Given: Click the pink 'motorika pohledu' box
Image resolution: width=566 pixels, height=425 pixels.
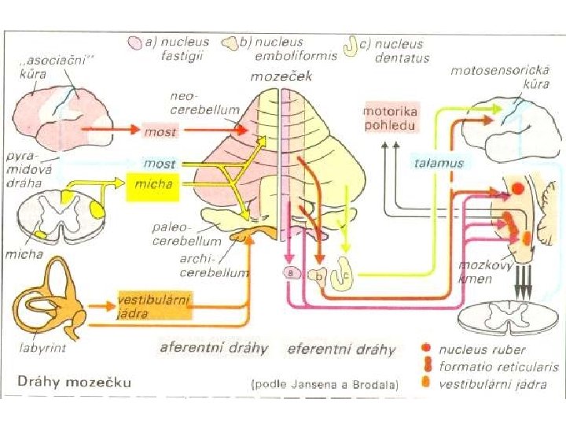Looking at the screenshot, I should (x=391, y=115).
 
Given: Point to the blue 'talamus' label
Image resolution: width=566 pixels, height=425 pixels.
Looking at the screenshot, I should (x=439, y=163).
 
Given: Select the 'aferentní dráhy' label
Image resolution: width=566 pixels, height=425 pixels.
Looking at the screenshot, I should (x=214, y=348).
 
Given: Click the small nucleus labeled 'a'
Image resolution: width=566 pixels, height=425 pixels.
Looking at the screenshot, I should (x=292, y=272).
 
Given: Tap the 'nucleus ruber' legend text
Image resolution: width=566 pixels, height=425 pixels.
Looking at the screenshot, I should (x=483, y=349).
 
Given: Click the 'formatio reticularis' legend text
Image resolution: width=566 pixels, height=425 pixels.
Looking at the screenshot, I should (x=498, y=367).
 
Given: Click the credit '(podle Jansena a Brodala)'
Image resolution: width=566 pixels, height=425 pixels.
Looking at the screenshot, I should (x=325, y=385).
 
